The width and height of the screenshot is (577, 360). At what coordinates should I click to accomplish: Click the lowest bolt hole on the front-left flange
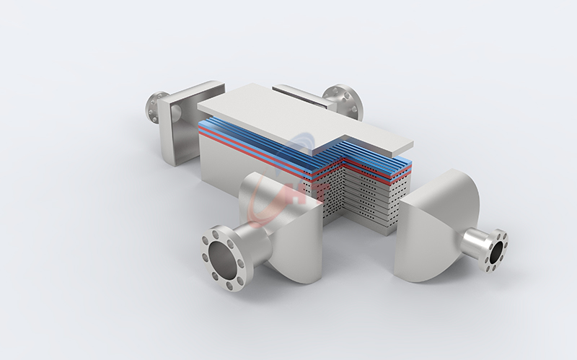229,286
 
